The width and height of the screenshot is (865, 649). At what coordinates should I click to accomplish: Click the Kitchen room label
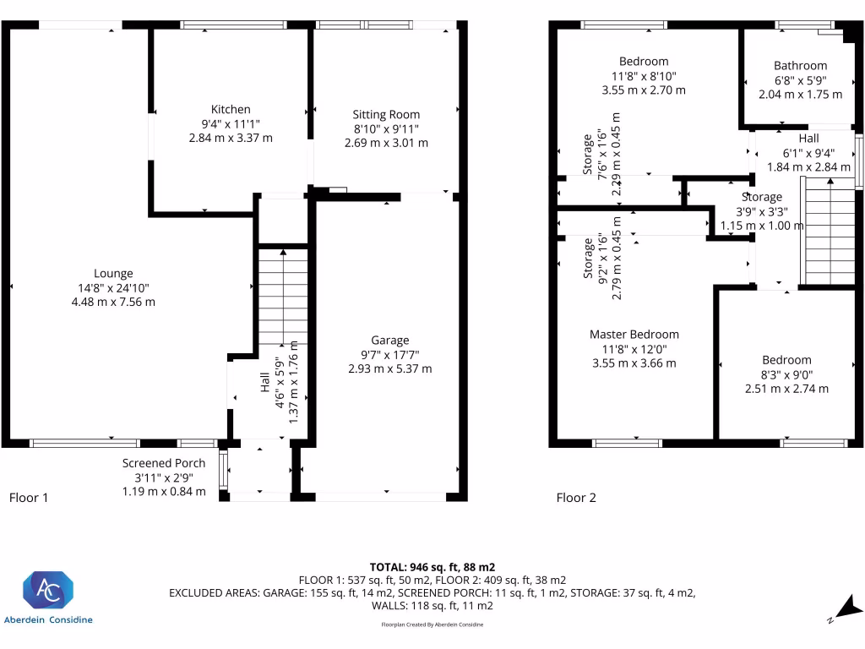pos(231,109)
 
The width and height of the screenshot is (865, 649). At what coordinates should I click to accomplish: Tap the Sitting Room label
pos(386,114)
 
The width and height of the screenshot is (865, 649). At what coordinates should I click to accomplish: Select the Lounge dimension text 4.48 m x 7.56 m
pos(113,302)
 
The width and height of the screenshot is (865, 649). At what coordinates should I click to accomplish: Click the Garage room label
pos(389,341)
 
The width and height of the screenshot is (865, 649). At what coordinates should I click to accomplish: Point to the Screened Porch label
pos(164,463)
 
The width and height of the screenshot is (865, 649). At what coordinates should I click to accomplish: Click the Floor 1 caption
pos(28,498)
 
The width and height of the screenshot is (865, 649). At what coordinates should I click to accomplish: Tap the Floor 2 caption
pos(576,498)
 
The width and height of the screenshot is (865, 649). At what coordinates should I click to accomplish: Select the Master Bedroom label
pos(634,334)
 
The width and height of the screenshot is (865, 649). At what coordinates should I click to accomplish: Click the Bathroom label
pos(800,66)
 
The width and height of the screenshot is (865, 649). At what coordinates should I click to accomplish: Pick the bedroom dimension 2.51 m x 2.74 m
pos(786,389)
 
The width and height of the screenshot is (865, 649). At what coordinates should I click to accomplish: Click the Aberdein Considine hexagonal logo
pos(48,590)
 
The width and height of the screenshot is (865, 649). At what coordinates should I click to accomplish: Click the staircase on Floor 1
pos(282,296)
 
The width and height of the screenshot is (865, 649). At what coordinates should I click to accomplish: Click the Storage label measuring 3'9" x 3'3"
pos(761,197)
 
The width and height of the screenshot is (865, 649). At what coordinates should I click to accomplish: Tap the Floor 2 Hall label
pos(808,139)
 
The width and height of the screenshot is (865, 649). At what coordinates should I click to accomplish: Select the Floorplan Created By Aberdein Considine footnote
pos(432,624)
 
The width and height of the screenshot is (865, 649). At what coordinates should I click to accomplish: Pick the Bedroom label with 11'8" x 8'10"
pos(643,61)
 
